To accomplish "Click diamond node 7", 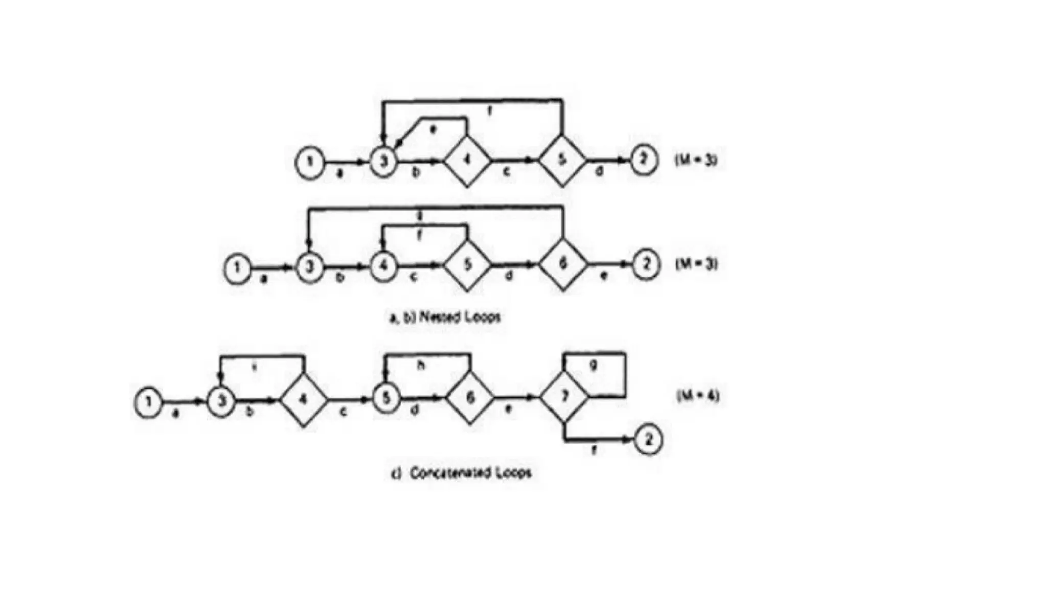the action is pyautogui.click(x=564, y=397).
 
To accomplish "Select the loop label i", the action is pyautogui.click(x=255, y=367).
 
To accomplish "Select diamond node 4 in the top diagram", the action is pyautogui.click(x=467, y=161).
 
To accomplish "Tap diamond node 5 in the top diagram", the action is pyautogui.click(x=562, y=161).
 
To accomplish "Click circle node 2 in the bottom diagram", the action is pyautogui.click(x=648, y=440).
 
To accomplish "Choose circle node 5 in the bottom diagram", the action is pyautogui.click(x=386, y=397).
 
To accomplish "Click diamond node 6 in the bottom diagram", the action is pyautogui.click(x=470, y=397).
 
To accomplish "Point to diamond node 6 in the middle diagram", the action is pyautogui.click(x=563, y=264).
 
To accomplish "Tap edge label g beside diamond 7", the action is pyautogui.click(x=593, y=366).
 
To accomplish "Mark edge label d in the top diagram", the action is pyautogui.click(x=599, y=172).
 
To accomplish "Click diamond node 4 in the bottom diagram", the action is pyautogui.click(x=304, y=399).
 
